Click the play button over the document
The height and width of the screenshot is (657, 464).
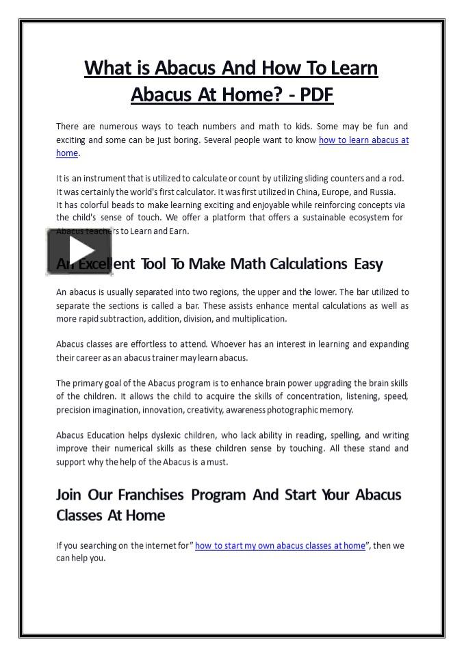tap(70, 251)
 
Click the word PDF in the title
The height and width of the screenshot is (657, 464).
tap(315, 94)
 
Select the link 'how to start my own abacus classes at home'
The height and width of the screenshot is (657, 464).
tap(280, 545)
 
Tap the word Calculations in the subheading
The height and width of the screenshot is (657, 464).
tap(309, 263)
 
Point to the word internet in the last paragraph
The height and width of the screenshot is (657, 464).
tap(160, 545)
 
